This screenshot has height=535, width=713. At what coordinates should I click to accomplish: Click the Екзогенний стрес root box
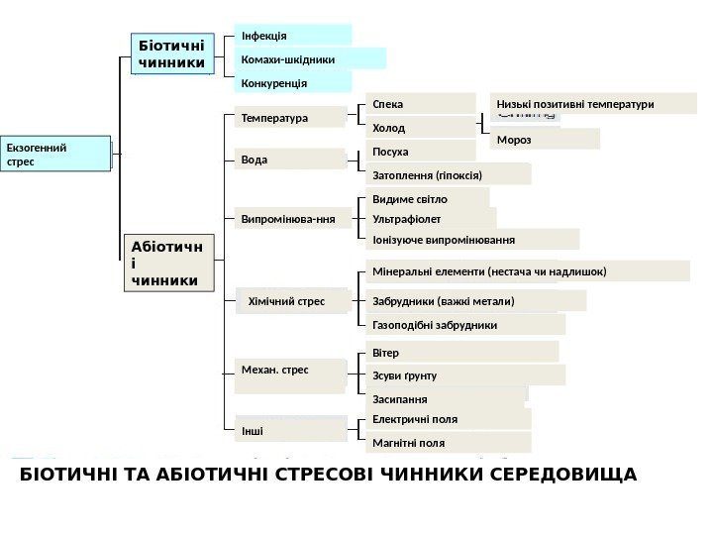55,155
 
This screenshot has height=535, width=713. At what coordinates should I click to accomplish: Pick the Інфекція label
293,36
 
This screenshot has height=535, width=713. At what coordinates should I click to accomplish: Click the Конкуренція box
293,83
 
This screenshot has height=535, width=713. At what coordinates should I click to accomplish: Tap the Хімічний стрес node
292,299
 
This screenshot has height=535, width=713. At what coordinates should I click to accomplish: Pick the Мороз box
544,140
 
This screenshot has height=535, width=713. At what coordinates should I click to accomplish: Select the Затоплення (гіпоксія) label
448,175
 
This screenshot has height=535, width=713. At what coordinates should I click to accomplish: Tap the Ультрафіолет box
430,219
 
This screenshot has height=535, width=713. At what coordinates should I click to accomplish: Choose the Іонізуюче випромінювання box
471,240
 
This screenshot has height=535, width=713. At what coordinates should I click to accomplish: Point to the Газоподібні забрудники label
464,325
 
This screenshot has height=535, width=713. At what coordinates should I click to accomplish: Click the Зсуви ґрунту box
464,375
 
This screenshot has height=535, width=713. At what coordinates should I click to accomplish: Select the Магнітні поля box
448,443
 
